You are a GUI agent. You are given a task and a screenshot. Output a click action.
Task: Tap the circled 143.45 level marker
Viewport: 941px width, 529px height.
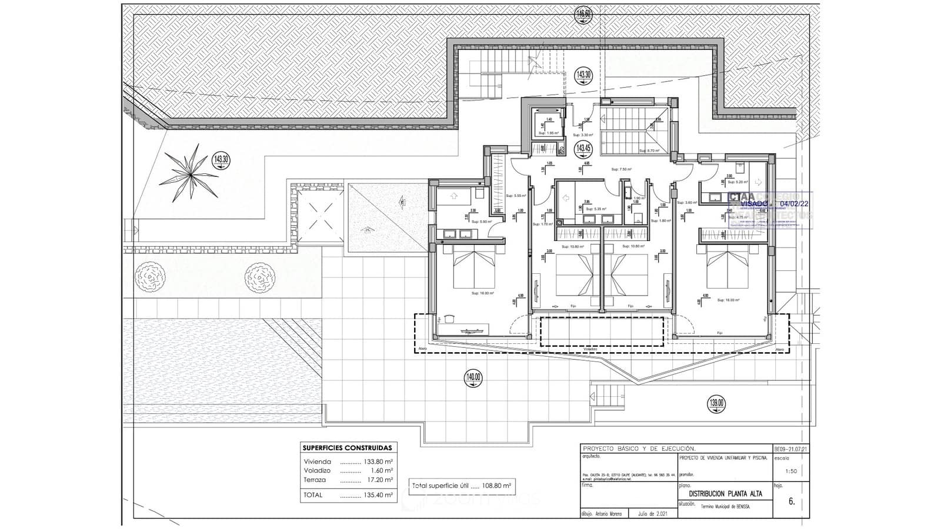pos(583,148)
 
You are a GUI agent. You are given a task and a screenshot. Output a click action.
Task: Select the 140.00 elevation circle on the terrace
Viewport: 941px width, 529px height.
pos(473,377)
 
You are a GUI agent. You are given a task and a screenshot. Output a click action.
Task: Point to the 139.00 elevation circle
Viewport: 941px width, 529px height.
pos(717,404)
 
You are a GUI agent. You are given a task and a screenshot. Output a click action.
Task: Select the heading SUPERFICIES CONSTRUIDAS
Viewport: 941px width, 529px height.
pos(346,448)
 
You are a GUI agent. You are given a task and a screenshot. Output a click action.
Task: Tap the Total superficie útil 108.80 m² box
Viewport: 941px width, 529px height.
pos(462,486)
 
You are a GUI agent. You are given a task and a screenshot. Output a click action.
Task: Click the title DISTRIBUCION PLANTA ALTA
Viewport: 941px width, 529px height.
pos(725,494)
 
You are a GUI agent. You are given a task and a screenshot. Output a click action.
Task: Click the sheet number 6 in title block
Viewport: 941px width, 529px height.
pos(791,501)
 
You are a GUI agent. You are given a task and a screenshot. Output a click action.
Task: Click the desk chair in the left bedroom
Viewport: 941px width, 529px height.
pos(450,318)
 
